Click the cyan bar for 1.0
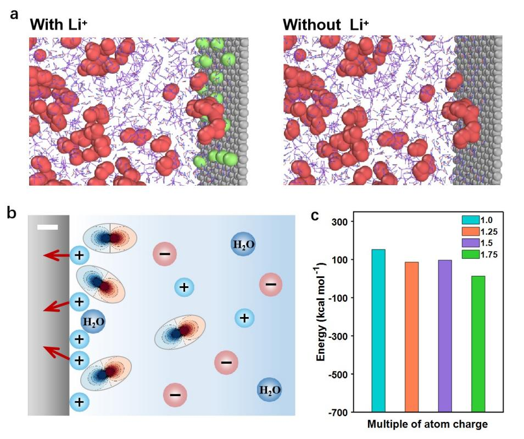[x=378, y=330]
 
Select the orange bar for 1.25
[x=411, y=336]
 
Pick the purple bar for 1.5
[x=445, y=335]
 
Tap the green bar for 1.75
[x=478, y=343]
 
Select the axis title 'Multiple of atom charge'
[x=428, y=424]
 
